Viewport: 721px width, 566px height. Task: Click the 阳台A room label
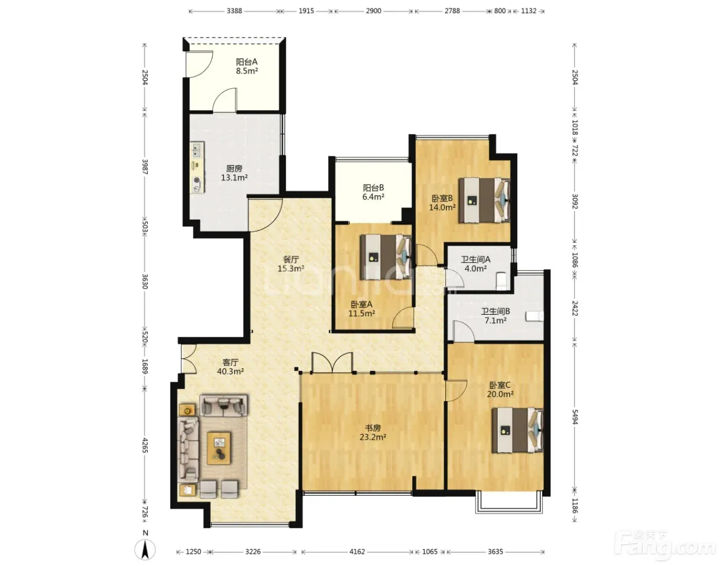(x=247, y=62)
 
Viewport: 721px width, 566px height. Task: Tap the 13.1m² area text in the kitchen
(x=234, y=178)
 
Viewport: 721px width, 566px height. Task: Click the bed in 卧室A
(x=386, y=257)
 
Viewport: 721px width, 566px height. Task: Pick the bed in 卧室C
(x=517, y=430)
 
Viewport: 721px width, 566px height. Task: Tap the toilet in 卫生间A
(x=501, y=281)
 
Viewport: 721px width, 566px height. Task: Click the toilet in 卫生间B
(x=535, y=316)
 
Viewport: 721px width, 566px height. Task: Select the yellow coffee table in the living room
(x=219, y=448)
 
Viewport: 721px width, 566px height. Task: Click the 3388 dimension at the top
(x=234, y=11)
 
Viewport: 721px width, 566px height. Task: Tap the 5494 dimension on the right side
(x=575, y=417)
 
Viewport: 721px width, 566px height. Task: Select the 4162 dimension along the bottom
(x=357, y=552)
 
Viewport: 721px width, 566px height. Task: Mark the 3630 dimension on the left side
(x=145, y=281)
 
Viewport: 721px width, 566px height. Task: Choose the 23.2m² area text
(x=373, y=437)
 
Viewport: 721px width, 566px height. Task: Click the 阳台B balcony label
(x=373, y=188)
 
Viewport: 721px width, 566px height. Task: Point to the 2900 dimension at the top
(x=373, y=11)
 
